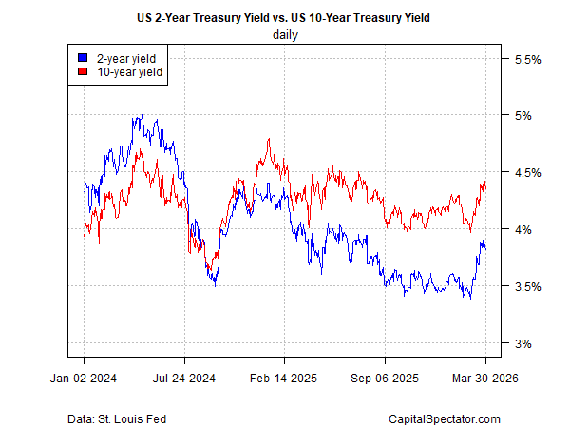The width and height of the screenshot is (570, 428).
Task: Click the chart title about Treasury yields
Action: coord(285,17)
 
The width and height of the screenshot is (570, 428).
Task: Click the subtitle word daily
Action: coord(285,35)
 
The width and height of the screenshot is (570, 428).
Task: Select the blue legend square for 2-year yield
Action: coord(85,58)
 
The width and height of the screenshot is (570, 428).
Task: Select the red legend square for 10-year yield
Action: coord(85,71)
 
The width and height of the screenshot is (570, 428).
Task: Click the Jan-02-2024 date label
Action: coord(84,378)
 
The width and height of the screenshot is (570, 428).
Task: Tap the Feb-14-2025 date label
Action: coord(285,378)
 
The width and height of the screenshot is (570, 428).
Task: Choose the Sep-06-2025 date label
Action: coord(386,378)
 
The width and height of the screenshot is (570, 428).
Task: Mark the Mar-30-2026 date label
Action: coord(485,378)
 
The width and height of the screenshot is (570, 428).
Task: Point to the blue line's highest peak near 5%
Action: coord(142,111)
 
